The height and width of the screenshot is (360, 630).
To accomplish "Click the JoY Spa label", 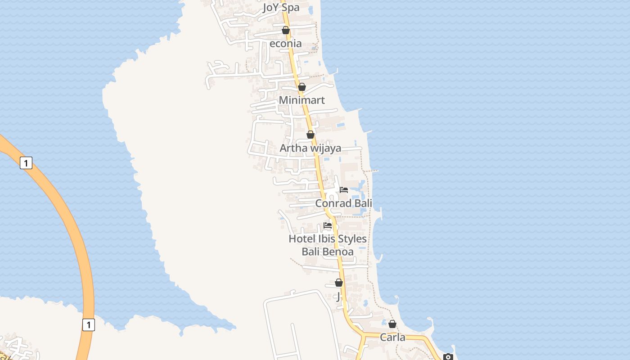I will [x=281, y=8].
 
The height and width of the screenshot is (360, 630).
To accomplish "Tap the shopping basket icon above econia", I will [x=285, y=30].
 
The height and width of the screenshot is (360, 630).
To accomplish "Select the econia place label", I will [x=285, y=44].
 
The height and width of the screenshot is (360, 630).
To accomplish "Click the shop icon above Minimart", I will [x=302, y=87].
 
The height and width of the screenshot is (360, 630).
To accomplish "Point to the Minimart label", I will [x=301, y=100].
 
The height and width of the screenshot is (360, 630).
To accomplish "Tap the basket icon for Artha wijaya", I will [x=310, y=135].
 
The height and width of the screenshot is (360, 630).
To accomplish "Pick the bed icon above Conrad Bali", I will [x=344, y=189].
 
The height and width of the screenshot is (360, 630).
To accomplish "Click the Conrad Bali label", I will [x=343, y=203].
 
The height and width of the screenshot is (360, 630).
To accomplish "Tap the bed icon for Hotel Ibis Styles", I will [x=328, y=225].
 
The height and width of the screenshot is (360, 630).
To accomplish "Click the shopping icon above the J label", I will [x=339, y=283].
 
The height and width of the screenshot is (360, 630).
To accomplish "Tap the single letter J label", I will [x=338, y=297].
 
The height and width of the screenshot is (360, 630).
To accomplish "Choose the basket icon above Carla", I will [x=392, y=324].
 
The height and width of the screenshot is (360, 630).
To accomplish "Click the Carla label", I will [x=392, y=337].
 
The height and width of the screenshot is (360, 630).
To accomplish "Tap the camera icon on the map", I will [x=448, y=357].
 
